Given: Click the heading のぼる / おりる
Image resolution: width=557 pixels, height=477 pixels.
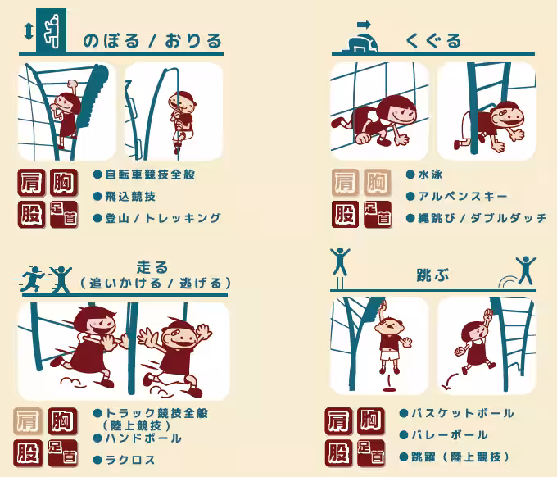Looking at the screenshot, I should pyautogui.click(x=152, y=40).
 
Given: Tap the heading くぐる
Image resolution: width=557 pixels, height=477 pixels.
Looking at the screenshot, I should pyautogui.click(x=433, y=40).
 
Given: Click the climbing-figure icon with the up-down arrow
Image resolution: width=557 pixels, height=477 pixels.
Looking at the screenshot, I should pyautogui.click(x=49, y=30).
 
